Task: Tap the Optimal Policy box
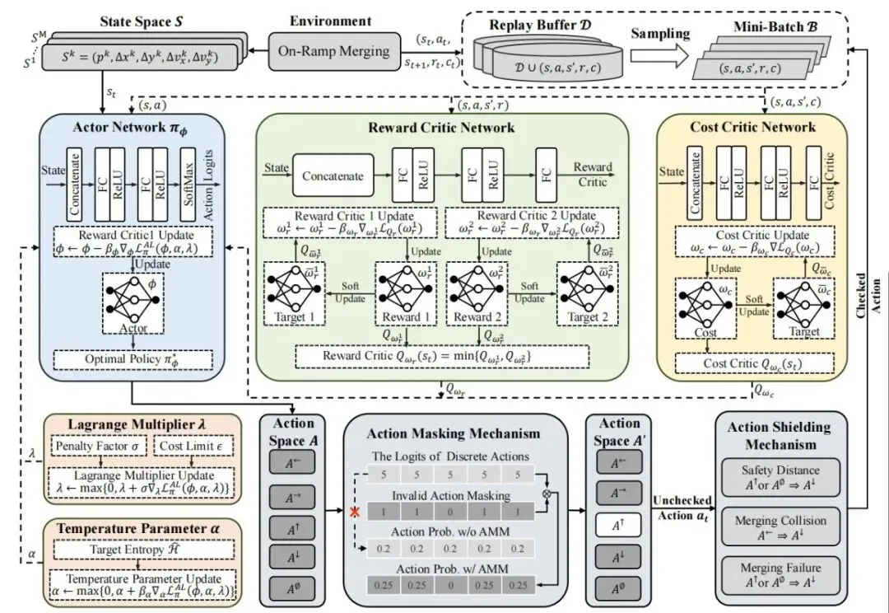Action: (x=133, y=361)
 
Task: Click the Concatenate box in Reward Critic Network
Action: (x=332, y=175)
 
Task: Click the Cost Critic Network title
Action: (x=752, y=126)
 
